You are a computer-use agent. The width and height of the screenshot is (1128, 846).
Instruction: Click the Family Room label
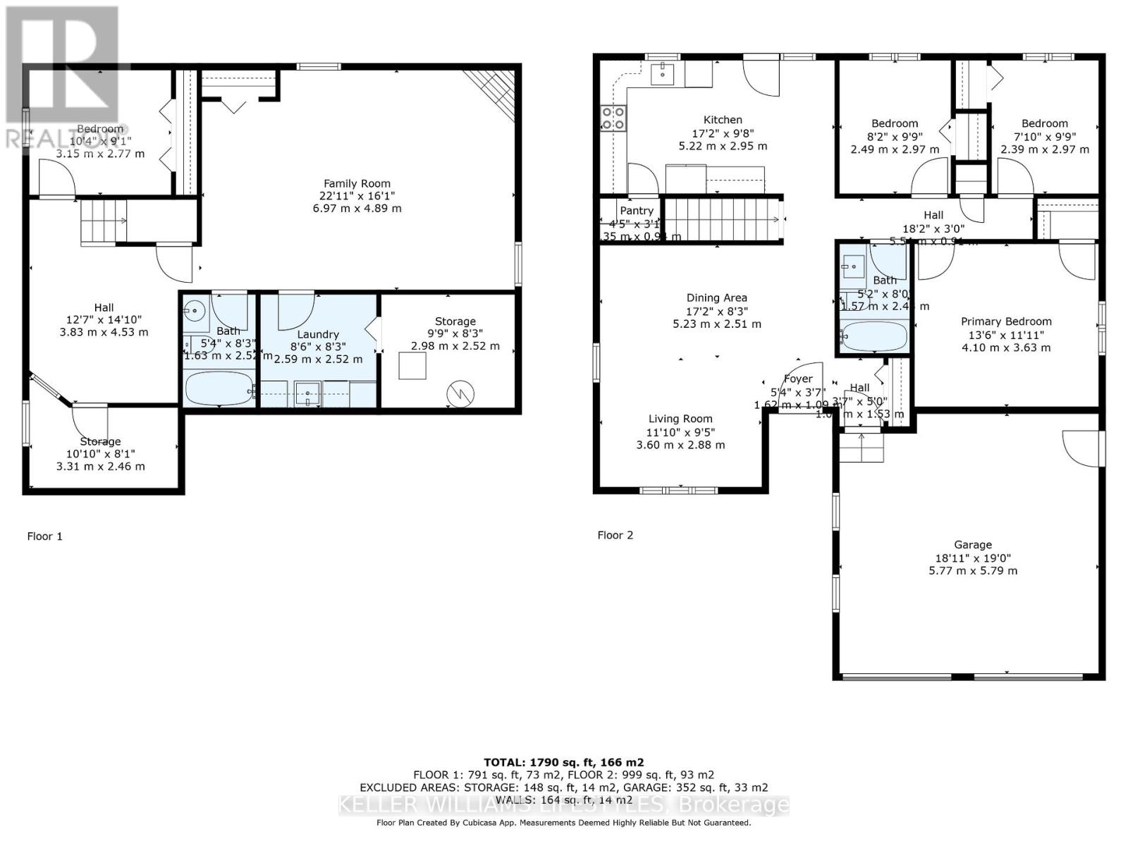point(357,183)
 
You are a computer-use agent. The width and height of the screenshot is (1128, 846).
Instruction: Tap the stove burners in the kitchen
point(613,118)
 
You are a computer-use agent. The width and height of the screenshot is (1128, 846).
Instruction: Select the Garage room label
point(973,544)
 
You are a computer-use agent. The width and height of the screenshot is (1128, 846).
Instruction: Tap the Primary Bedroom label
point(1006,321)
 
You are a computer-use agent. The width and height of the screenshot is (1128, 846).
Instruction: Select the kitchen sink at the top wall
point(663,73)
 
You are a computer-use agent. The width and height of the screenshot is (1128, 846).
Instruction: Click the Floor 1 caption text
point(44,537)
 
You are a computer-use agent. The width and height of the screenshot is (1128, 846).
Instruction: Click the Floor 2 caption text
point(615,535)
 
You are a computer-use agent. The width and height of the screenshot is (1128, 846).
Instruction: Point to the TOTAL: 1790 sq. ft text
point(563,762)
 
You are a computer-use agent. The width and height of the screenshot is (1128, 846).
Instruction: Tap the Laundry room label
point(318,334)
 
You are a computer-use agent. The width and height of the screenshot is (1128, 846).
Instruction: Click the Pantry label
point(637,210)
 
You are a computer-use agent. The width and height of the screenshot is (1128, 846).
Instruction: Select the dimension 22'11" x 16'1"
point(357,196)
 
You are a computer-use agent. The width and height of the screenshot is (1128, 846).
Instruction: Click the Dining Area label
point(717,298)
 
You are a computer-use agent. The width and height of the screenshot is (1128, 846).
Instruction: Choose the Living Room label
point(680,419)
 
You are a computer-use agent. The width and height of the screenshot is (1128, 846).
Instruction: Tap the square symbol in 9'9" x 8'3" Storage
point(412,366)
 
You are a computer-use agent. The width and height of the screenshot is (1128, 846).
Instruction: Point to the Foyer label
point(798,379)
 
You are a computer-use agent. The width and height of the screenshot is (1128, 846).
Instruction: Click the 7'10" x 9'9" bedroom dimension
point(1044,136)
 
